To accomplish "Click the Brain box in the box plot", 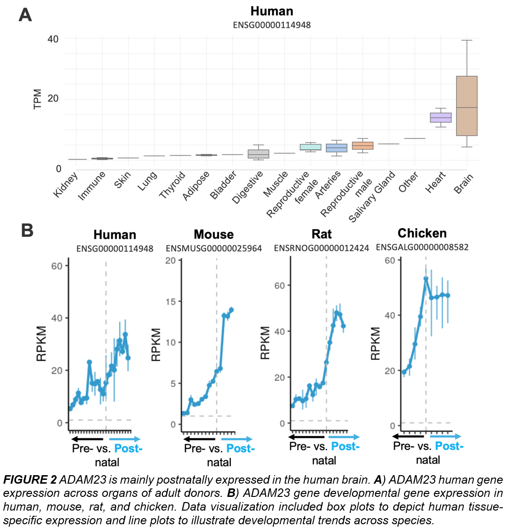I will coord(466,106).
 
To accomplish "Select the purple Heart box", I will coord(440,118).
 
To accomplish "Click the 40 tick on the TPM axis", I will coord(52,39).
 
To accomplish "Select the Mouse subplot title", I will coord(214,234).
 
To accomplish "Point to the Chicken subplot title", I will coord(422,233).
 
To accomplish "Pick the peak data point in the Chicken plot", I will coord(426,279).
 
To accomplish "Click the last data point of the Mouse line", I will coord(231,310).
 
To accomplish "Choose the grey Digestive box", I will coord(259,154).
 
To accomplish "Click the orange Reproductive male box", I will coord(363,145).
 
